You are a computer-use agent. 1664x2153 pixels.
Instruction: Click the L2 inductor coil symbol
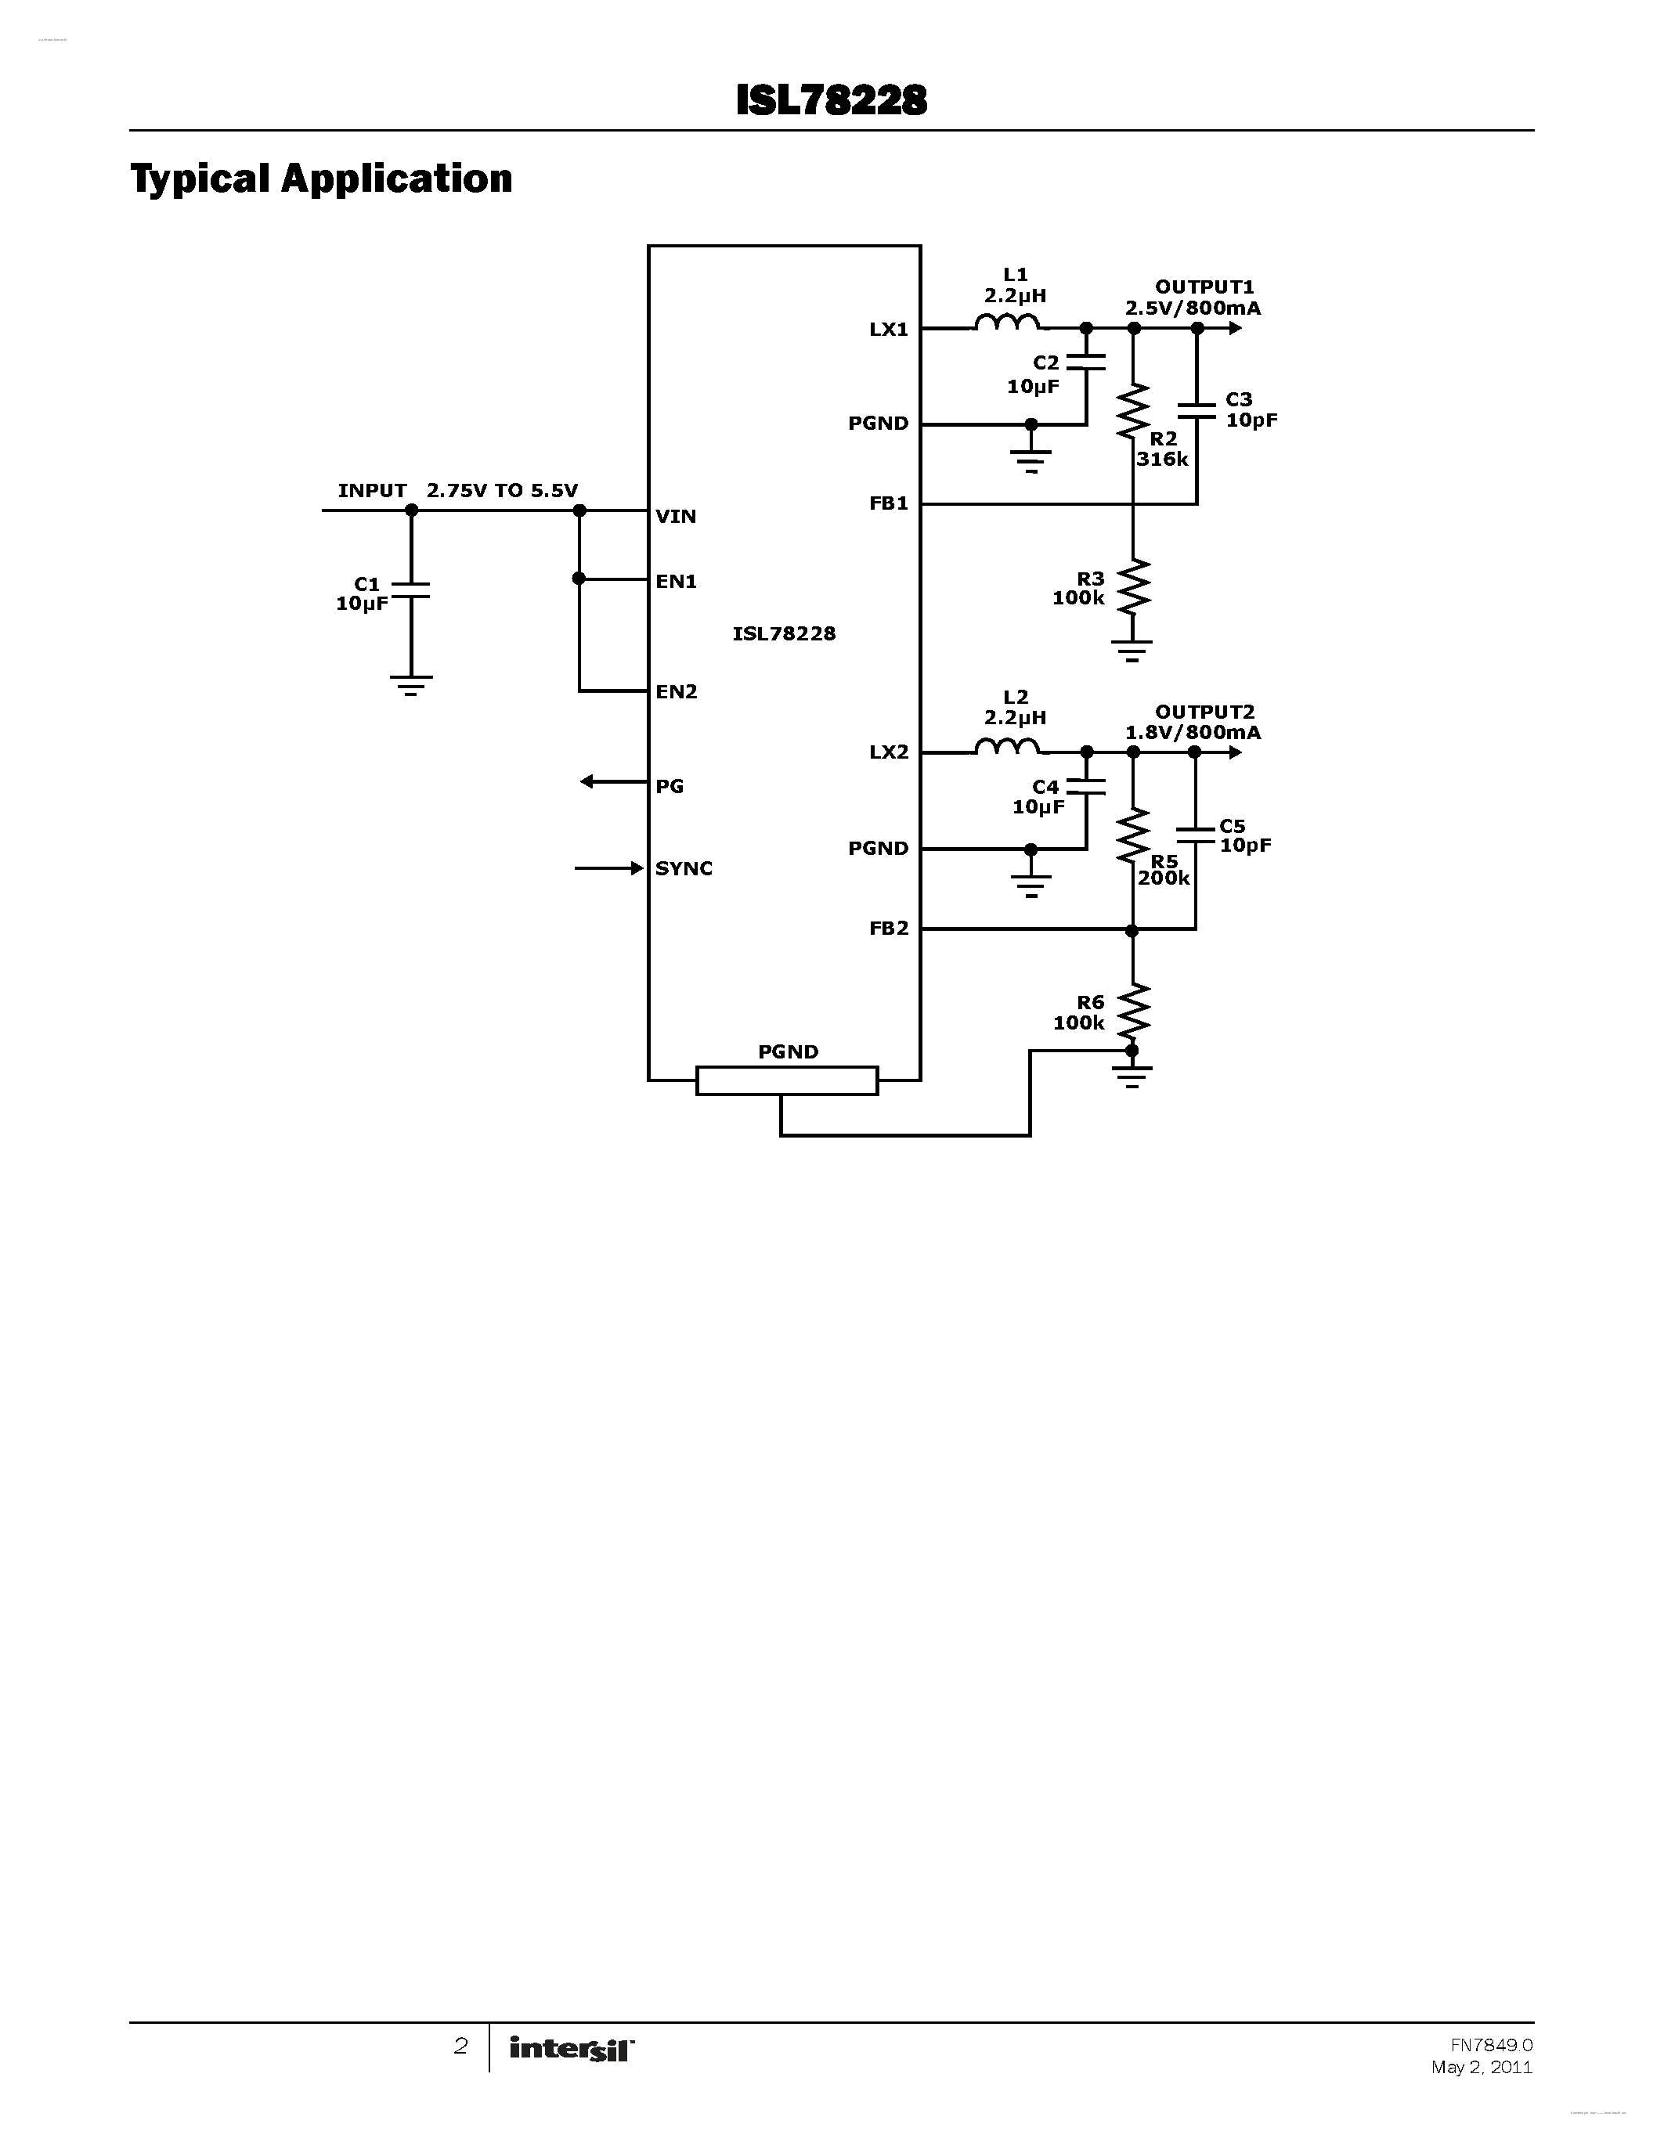(1006, 746)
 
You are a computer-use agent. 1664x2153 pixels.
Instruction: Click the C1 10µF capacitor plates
(411, 590)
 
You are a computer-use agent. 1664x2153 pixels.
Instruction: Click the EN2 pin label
(677, 692)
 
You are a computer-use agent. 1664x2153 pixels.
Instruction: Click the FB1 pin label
(888, 503)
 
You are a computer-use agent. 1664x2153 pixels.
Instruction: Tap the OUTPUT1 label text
(1204, 287)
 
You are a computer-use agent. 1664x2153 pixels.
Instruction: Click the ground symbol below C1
(411, 685)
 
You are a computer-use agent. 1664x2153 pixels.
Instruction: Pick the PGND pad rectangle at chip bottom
(787, 1080)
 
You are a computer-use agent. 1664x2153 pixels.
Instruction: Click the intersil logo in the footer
(571, 2050)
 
